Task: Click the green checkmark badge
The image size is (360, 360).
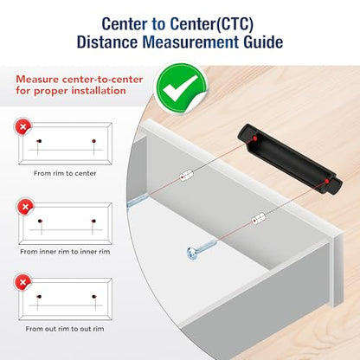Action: (x=181, y=87)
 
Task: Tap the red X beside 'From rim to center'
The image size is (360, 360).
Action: (x=23, y=126)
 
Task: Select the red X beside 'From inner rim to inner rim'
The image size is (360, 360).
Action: (x=25, y=207)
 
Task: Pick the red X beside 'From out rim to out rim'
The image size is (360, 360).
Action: (x=22, y=282)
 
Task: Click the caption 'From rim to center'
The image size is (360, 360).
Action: (x=65, y=173)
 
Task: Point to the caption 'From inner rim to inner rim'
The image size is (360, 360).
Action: (x=65, y=252)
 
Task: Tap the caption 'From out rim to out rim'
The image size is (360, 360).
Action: (x=65, y=329)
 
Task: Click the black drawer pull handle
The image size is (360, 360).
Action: (x=290, y=159)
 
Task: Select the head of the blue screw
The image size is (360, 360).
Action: (x=191, y=253)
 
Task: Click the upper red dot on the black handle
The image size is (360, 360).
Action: (x=254, y=138)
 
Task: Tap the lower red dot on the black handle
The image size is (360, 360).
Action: (x=326, y=181)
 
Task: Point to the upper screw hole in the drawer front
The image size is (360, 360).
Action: (x=186, y=176)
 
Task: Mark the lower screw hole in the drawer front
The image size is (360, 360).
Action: (x=258, y=219)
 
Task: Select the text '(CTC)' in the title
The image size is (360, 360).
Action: (x=235, y=24)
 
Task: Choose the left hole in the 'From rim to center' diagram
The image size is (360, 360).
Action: (x=39, y=141)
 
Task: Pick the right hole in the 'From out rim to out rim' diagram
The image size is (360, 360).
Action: (x=93, y=296)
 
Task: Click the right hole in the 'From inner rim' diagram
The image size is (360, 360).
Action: (x=93, y=222)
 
